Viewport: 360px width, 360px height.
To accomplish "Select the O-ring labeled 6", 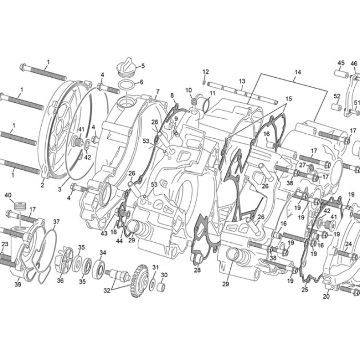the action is click(x=127, y=85).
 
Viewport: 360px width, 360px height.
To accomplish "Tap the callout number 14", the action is click(x=298, y=73).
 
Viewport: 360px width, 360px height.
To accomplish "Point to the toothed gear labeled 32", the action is click(x=139, y=281).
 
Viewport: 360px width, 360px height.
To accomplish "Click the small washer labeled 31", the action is click(x=153, y=285).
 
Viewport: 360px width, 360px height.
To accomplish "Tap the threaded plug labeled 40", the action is click(x=19, y=206).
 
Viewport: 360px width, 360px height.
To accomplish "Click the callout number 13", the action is click(x=242, y=81).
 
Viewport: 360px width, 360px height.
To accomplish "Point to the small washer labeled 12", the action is click(x=204, y=82).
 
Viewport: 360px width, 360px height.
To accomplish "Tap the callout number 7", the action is click(x=158, y=92).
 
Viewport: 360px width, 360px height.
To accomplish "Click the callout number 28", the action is click(x=197, y=270).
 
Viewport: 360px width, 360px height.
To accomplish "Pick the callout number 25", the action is click(x=305, y=290).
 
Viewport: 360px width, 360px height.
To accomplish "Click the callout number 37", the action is click(x=56, y=222).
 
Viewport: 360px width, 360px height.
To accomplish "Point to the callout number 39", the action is click(x=18, y=284).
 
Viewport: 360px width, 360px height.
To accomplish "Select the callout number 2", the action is click(x=42, y=185).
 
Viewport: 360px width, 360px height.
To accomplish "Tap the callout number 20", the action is click(x=326, y=297).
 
